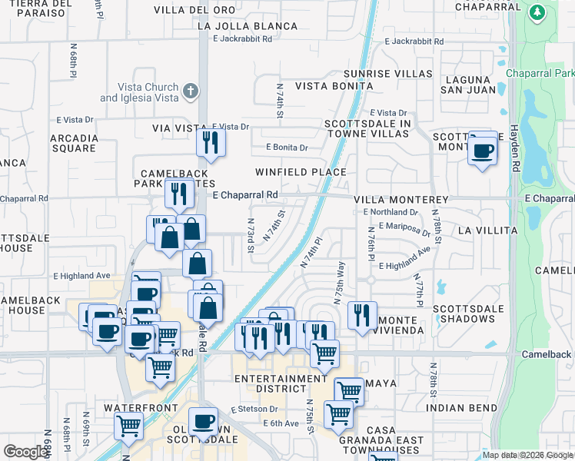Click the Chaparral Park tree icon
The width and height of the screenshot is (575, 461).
537,13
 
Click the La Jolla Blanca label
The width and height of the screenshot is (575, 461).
248,26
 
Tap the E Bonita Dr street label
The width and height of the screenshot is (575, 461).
287,147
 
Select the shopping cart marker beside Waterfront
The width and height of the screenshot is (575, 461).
128,425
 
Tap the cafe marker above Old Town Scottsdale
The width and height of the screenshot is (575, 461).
203,421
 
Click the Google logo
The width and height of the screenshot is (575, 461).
25,452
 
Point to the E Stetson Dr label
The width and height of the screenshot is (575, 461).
253,411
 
